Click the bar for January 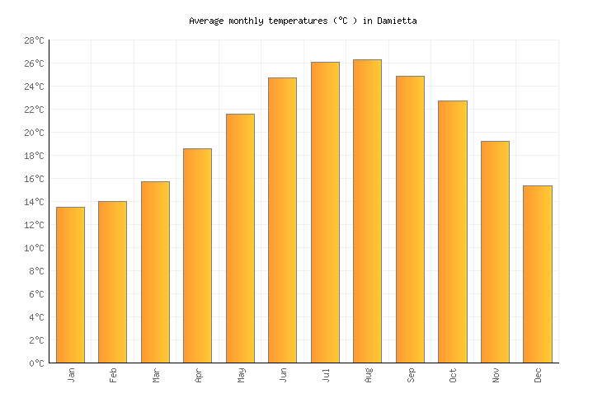coord(70,284)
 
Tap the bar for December coord(537,274)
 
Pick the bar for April coord(197,255)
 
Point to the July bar coord(325,212)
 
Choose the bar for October coord(452,232)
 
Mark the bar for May coord(240,238)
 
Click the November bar coord(495,251)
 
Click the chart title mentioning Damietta coord(303,21)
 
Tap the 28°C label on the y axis coord(34,40)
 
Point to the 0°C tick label coord(36,363)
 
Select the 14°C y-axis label coord(34,202)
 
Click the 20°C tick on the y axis coord(34,133)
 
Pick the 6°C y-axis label coord(36,294)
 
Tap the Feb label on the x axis coord(113,375)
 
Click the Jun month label coord(283,375)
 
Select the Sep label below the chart coord(410,375)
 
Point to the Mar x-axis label coord(156,375)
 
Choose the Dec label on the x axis coord(538,375)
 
